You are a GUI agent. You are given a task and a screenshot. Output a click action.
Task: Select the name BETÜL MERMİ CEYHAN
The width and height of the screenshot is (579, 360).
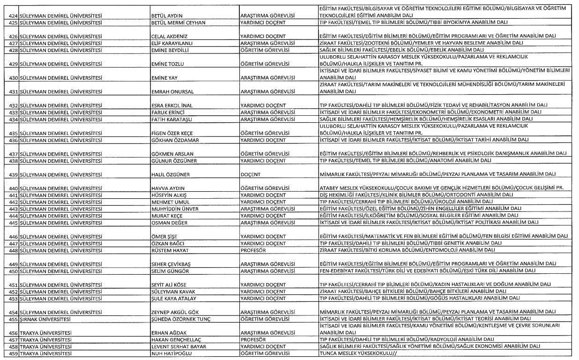[x=178, y=22]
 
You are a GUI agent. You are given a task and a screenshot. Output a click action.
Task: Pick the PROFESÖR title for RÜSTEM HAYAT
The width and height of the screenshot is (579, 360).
[x=253, y=250]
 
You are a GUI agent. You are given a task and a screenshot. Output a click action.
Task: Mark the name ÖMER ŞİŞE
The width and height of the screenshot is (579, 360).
[x=164, y=237]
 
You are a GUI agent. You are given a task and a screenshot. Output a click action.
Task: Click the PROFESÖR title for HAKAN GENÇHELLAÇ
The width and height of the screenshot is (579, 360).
[x=253, y=339]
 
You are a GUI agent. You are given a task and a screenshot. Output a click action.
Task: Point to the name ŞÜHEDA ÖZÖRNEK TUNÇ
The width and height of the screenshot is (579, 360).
[x=181, y=319]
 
